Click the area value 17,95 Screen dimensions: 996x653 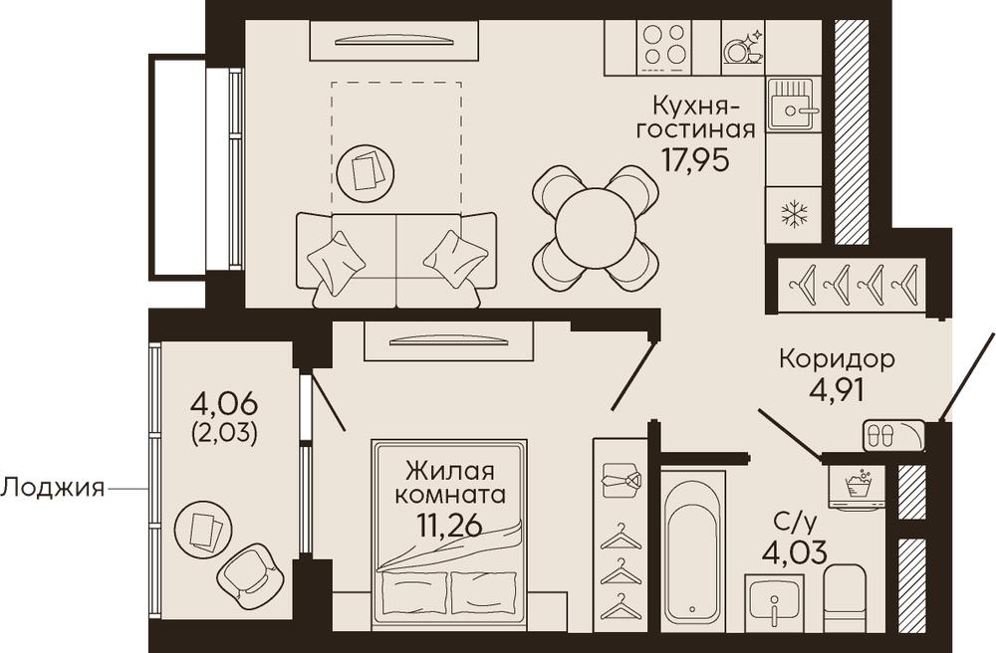coord(695,160)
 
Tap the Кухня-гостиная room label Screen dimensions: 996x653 coord(697,115)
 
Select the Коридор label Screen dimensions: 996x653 coord(838,359)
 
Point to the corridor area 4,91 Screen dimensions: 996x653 coord(837,390)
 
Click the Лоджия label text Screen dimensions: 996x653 coord(52,488)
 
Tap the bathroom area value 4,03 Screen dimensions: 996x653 coord(794,551)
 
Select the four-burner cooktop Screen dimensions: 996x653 coord(663,46)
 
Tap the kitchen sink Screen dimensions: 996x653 coord(793,105)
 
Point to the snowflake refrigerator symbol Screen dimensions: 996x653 coord(792,214)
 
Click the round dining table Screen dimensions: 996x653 coord(596,228)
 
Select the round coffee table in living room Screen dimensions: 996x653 coord(365,169)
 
